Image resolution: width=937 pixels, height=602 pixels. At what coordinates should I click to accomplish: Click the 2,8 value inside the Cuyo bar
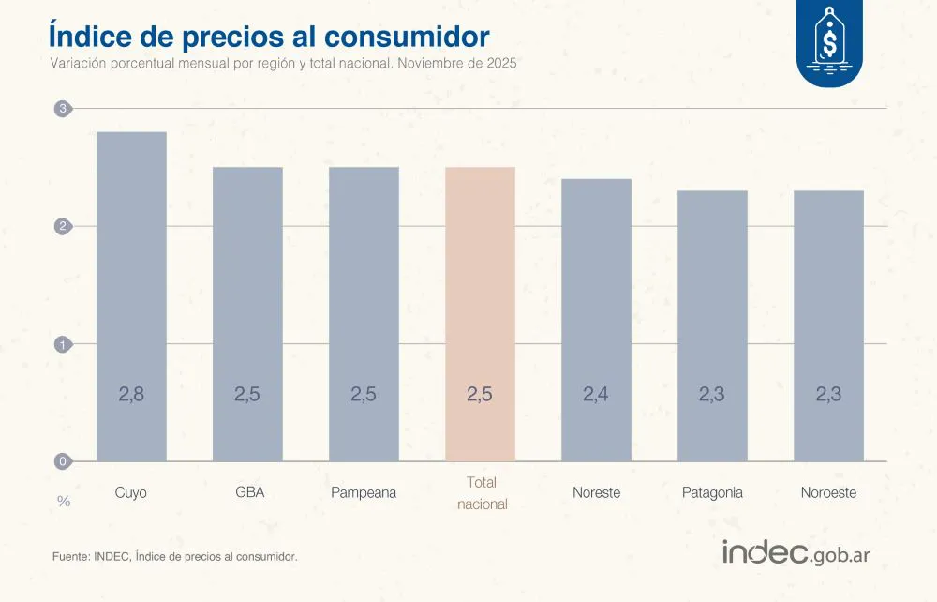(x=131, y=395)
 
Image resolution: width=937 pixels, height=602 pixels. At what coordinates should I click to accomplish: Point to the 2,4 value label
(x=596, y=395)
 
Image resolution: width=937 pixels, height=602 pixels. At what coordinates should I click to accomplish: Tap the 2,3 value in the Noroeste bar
(x=828, y=395)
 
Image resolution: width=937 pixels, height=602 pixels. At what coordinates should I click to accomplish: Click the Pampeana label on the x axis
(x=364, y=492)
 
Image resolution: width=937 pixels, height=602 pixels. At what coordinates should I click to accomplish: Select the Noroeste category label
(x=828, y=492)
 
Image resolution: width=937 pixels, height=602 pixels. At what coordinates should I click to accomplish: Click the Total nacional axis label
(x=481, y=493)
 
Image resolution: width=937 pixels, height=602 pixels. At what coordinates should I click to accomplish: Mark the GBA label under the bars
(x=249, y=492)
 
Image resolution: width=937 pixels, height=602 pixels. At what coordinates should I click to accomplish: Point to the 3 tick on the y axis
(x=63, y=109)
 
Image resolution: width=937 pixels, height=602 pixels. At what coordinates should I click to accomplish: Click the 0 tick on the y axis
(x=63, y=461)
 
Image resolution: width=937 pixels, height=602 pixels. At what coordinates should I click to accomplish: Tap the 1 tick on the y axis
(x=63, y=344)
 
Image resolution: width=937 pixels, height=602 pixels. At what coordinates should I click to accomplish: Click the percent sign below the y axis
(x=64, y=502)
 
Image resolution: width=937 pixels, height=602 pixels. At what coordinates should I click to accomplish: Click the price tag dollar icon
(x=828, y=39)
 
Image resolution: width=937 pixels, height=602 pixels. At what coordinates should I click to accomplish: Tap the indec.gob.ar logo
(x=796, y=553)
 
